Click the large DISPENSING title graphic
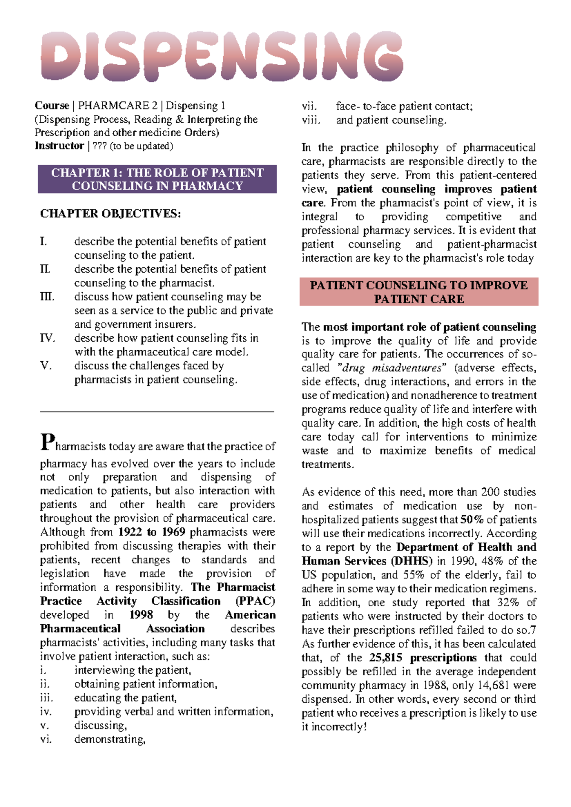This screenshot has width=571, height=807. pyautogui.click(x=222, y=56)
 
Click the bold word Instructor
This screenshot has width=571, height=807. pyautogui.click(x=59, y=146)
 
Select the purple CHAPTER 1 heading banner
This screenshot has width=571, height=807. pyautogui.click(x=157, y=179)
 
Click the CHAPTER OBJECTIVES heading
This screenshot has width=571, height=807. pyautogui.click(x=110, y=214)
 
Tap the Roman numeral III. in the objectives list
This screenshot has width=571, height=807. pyautogui.click(x=48, y=297)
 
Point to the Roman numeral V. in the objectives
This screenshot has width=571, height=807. pyautogui.click(x=46, y=366)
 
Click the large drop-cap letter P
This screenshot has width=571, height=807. pyautogui.click(x=47, y=442)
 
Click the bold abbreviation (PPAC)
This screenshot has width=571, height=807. pyautogui.click(x=255, y=601)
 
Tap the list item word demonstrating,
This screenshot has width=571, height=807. pyautogui.click(x=110, y=739)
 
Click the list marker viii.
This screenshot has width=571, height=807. pyautogui.click(x=312, y=120)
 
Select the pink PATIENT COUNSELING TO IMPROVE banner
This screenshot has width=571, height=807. pyautogui.click(x=419, y=292)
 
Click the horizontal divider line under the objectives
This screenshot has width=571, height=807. pyautogui.click(x=157, y=412)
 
